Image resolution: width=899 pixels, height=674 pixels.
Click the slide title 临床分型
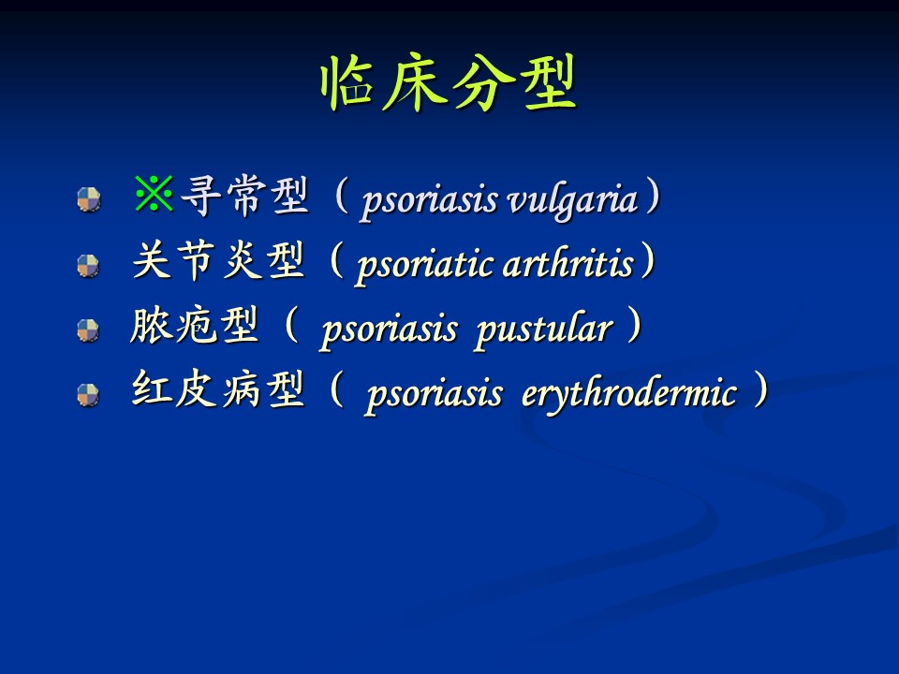449,83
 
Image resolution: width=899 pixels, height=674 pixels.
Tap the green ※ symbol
154,194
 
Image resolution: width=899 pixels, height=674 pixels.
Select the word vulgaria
573,200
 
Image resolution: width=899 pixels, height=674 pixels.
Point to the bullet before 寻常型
89,199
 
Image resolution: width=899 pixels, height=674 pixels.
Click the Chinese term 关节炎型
218,260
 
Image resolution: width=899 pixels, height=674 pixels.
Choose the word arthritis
568,264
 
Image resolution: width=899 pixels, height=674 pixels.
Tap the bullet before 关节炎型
88,266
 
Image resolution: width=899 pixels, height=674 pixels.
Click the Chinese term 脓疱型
195,326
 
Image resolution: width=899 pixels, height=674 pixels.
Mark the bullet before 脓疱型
88,330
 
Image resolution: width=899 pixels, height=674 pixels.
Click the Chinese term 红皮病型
218,389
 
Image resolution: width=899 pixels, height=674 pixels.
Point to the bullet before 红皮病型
88,395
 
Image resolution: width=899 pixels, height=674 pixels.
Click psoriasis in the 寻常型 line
430,202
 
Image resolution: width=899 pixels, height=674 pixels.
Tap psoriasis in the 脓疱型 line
390,330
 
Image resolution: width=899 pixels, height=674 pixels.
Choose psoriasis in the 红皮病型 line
435,395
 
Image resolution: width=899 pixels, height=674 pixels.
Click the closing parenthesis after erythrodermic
760,389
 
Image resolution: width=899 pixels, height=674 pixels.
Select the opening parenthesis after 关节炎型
336,259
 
